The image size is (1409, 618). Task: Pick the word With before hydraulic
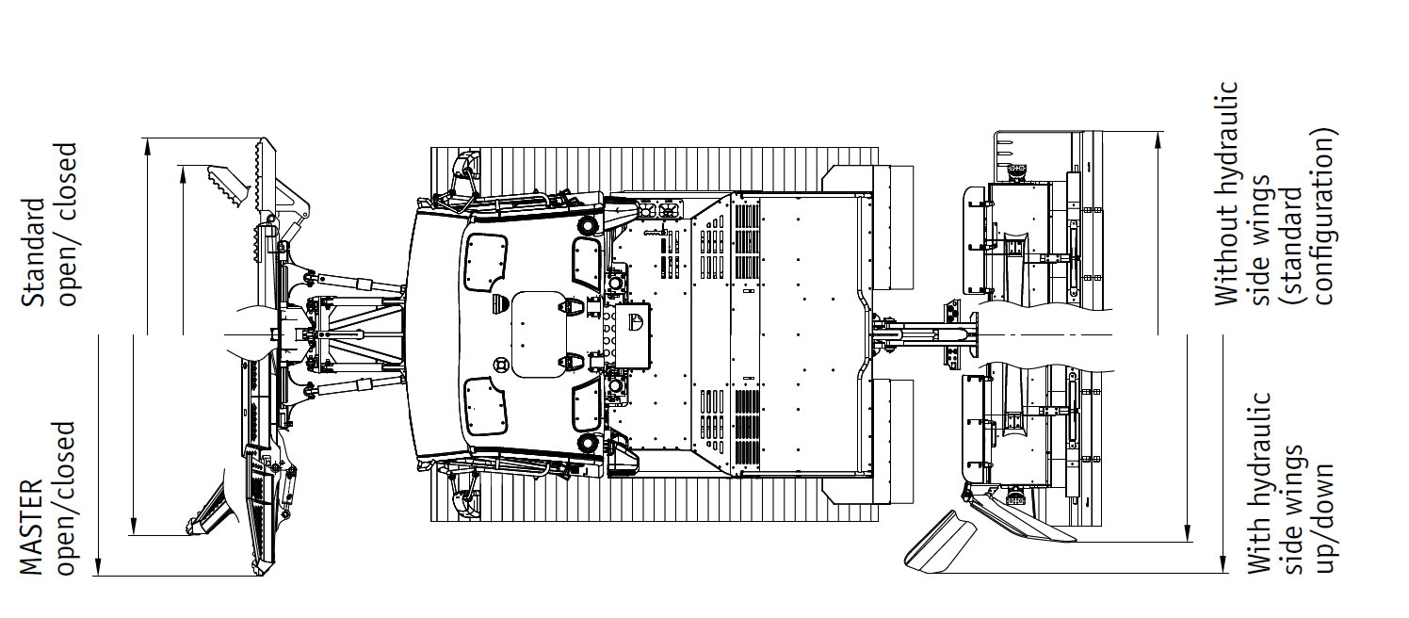click(x=1258, y=545)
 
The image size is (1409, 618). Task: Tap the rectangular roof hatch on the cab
click(x=539, y=334)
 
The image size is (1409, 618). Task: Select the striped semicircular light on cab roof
click(x=499, y=303)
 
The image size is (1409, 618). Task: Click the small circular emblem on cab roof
click(x=501, y=365)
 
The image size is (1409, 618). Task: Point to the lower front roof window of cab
click(x=485, y=407)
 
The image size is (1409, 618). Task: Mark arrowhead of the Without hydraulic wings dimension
click(x=1158, y=139)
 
